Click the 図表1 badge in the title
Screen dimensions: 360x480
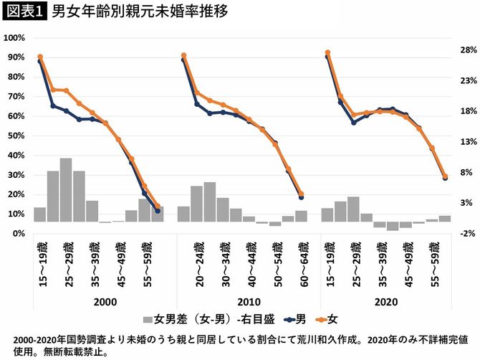tap(24, 13)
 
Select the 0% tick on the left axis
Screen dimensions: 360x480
tap(19, 234)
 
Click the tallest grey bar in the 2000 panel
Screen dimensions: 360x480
tap(66, 190)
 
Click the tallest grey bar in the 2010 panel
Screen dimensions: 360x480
tap(210, 202)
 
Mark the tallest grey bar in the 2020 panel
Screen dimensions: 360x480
tap(353, 209)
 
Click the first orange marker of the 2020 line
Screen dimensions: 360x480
tap(327, 52)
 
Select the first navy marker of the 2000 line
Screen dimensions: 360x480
tap(40, 62)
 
